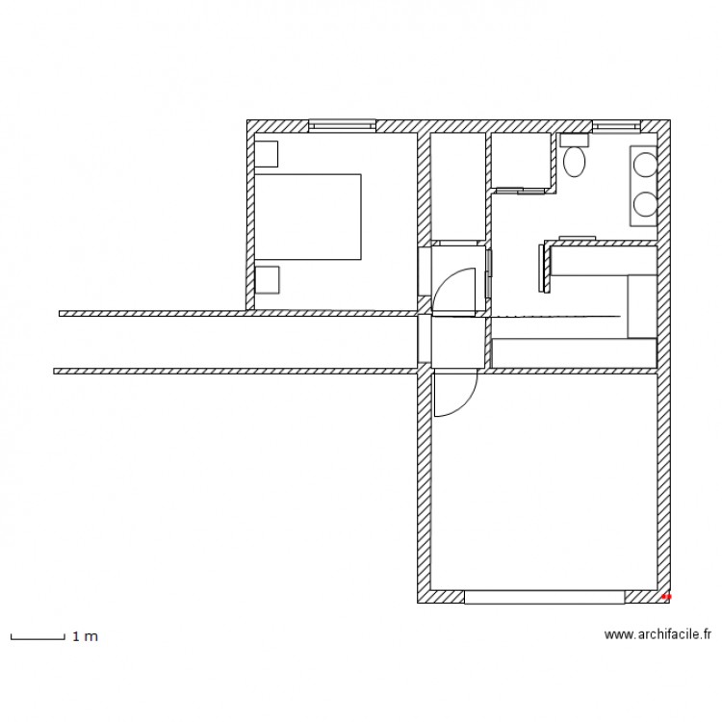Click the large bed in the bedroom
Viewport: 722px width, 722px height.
pyautogui.click(x=308, y=217)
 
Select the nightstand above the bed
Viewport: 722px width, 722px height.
pyautogui.click(x=267, y=154)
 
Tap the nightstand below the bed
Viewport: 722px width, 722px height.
pyautogui.click(x=267, y=279)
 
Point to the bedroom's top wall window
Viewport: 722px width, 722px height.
pyautogui.click(x=342, y=125)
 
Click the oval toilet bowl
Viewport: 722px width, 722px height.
pyautogui.click(x=575, y=161)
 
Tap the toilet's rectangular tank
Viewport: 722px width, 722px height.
pyautogui.click(x=575, y=139)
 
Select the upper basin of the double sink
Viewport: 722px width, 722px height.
pyautogui.click(x=644, y=165)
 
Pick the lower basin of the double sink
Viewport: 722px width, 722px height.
pyautogui.click(x=644, y=203)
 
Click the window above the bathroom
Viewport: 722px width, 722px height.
pyautogui.click(x=616, y=125)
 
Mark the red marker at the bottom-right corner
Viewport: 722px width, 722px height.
pyautogui.click(x=666, y=597)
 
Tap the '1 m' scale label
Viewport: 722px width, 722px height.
pyautogui.click(x=85, y=636)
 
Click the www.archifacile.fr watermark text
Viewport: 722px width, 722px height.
pyautogui.click(x=658, y=634)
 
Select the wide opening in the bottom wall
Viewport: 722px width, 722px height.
pyautogui.click(x=545, y=597)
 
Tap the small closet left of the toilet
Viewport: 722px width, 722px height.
pyautogui.click(x=520, y=161)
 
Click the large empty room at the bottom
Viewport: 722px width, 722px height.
pyautogui.click(x=544, y=481)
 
